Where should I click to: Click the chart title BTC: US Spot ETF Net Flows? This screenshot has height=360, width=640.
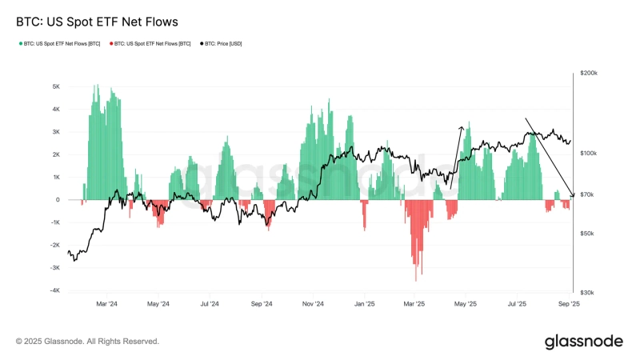(97, 22)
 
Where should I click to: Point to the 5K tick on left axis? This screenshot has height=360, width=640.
(56, 86)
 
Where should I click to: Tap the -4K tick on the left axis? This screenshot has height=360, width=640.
(54, 291)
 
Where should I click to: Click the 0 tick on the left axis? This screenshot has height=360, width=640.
(58, 200)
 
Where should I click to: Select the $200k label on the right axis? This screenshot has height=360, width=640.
(588, 73)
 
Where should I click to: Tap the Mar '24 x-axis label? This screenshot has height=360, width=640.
(106, 304)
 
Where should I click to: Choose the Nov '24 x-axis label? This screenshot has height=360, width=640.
(313, 304)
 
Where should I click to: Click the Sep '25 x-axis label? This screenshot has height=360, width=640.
(569, 304)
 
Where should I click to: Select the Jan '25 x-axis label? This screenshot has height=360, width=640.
(365, 304)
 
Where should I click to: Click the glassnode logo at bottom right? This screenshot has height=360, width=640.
(583, 342)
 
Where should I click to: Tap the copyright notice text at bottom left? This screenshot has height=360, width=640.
(87, 342)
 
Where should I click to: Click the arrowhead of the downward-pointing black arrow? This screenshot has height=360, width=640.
(572, 194)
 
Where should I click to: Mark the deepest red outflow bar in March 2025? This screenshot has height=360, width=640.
(416, 279)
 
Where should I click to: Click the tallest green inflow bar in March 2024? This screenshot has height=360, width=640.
(95, 86)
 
